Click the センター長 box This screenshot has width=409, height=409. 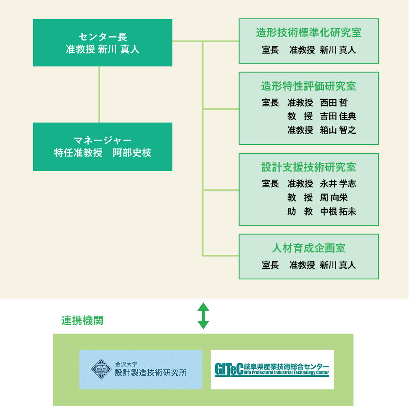[x=103, y=43]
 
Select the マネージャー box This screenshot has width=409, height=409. [x=103, y=146]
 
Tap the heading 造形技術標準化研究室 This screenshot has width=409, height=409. [x=309, y=33]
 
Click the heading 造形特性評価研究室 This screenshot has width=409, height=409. [x=309, y=86]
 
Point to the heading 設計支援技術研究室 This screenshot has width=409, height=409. [x=309, y=167]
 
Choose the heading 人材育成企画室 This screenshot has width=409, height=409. [x=309, y=248]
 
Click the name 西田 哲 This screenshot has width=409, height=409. [x=334, y=103]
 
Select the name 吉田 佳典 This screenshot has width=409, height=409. [x=338, y=117]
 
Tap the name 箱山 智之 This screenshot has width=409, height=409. [x=338, y=130]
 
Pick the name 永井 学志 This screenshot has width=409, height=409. [x=338, y=184]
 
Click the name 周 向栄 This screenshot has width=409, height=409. [x=334, y=198]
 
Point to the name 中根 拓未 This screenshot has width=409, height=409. [x=338, y=211]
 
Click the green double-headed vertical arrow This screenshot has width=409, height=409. [x=203, y=316]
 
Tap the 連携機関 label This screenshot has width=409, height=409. [x=82, y=321]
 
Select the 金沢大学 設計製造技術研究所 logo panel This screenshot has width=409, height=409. [x=141, y=369]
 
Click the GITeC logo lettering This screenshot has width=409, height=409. [x=228, y=369]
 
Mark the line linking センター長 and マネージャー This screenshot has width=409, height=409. [x=99, y=94]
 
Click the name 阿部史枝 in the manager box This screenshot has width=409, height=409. [x=132, y=153]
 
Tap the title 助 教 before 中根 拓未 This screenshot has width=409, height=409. [x=300, y=211]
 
